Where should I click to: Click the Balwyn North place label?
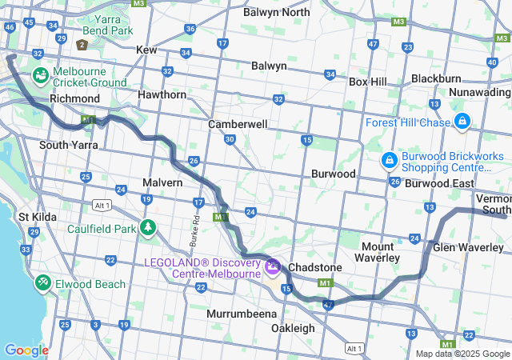tap(276, 12)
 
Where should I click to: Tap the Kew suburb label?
tap(146, 50)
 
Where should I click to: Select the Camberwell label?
tap(236, 125)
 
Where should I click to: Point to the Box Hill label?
tap(367, 82)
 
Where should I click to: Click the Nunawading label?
tap(479, 94)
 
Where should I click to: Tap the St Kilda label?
tap(35, 217)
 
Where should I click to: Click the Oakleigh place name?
tap(293, 328)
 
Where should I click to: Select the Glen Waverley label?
tap(467, 247)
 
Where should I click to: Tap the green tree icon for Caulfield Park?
tap(147, 228)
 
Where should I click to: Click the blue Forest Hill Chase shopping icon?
tap(462, 122)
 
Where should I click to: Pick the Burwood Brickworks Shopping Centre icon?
tap(389, 161)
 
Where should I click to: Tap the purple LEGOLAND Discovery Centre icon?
tap(273, 265)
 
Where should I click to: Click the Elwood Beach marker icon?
tap(42, 283)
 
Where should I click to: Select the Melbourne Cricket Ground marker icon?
tap(40, 76)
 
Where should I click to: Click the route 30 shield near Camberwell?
tap(230, 139)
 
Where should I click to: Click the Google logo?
tap(26, 350)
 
